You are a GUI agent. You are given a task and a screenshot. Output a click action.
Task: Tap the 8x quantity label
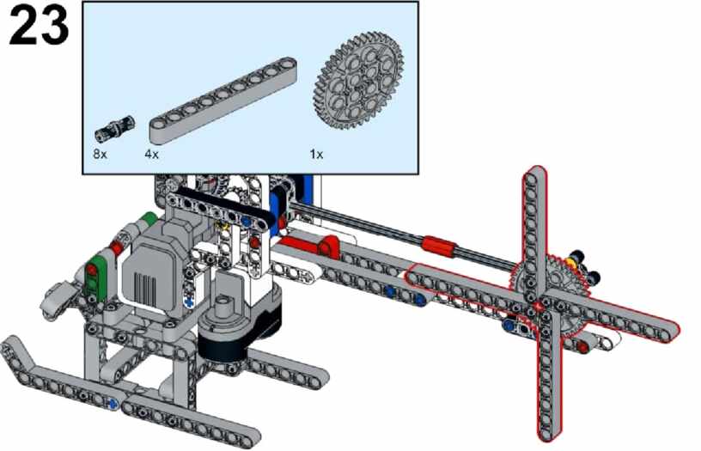(101, 155)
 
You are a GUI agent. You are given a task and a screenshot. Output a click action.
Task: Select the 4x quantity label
(151, 155)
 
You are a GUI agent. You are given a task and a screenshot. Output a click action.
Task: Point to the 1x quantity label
(316, 155)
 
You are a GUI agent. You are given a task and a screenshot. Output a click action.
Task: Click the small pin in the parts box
(114, 128)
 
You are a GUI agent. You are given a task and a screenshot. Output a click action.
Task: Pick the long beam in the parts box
(222, 101)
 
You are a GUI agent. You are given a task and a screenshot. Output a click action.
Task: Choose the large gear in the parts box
(359, 81)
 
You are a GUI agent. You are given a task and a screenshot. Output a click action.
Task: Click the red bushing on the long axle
(440, 246)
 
